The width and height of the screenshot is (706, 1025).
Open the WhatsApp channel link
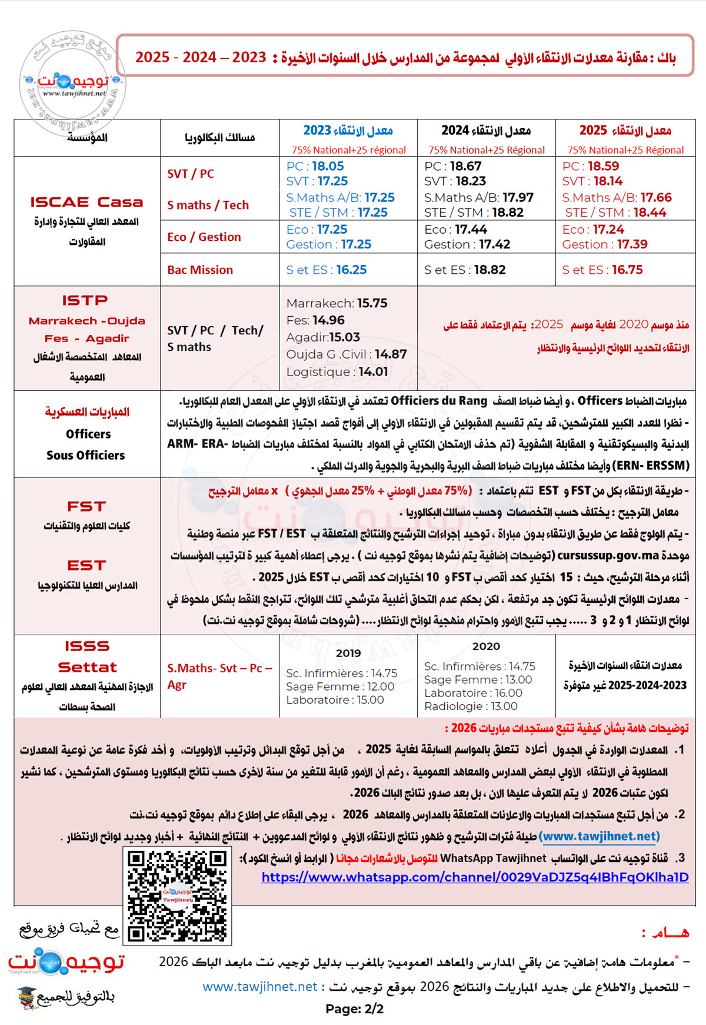coord(475,877)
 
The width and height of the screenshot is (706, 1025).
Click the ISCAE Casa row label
coord(86,202)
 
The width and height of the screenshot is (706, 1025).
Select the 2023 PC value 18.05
coord(328,166)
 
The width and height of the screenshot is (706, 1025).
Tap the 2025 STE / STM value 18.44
coord(650,213)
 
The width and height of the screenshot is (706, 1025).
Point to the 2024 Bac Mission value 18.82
coord(489,270)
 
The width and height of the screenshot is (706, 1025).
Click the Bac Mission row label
coord(200,270)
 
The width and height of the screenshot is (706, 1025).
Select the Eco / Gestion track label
coord(204,237)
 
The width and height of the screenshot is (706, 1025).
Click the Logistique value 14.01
coord(373,371)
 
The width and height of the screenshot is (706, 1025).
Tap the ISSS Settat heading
coord(87,656)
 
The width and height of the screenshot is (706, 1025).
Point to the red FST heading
coord(86,506)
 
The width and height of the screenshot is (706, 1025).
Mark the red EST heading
coord(86,565)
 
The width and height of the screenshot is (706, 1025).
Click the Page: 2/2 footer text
coord(354,1009)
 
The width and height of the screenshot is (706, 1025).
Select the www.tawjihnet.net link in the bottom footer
coord(259,986)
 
